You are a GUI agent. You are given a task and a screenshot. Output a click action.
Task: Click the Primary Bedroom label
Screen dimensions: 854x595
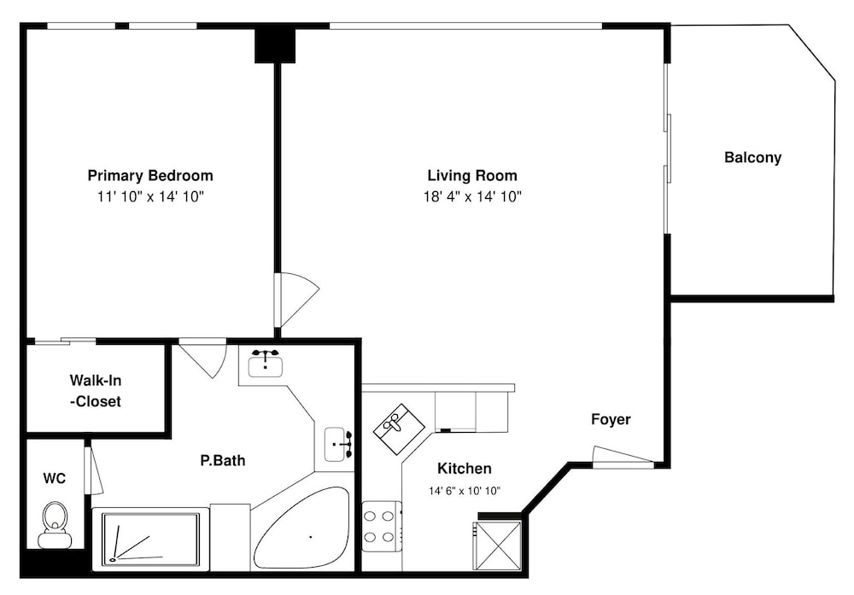click(150, 175)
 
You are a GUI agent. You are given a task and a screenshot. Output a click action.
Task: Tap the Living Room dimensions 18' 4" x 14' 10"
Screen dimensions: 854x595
click(473, 196)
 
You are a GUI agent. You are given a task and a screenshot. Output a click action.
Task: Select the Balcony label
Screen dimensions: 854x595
click(752, 157)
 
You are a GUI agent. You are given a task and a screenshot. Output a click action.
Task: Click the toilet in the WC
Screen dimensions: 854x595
click(55, 524)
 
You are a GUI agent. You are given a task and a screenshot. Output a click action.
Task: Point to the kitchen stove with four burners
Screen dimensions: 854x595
click(382, 526)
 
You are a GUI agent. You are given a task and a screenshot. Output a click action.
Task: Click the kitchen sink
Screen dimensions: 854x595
click(399, 429)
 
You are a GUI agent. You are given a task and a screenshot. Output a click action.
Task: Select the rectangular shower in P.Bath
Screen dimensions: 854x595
click(151, 539)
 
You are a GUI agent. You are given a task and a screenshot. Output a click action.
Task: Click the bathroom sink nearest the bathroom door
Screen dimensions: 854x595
click(266, 363)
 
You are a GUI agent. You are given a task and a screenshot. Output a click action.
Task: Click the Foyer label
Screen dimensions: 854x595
click(611, 419)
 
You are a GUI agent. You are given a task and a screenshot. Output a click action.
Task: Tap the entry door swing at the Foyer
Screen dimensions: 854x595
click(623, 457)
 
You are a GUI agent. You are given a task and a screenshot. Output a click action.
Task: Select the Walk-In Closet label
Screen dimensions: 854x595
click(96, 391)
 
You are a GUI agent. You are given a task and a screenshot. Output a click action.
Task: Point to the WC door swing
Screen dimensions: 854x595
click(93, 470)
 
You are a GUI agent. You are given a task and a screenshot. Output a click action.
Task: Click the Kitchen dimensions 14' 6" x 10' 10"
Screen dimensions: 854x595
click(465, 491)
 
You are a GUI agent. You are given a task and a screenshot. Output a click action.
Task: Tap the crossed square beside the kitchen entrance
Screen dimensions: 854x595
click(497, 546)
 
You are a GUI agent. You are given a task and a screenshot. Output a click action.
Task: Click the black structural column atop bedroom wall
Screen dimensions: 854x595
click(275, 45)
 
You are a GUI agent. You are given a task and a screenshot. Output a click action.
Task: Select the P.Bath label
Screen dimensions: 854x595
click(223, 460)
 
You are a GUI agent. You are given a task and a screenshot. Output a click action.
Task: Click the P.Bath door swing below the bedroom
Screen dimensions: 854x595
click(203, 358)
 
